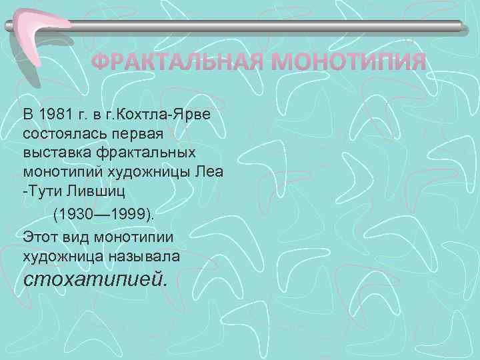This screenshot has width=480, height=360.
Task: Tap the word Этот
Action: [39, 236]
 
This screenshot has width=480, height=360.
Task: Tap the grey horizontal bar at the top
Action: [267, 27]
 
